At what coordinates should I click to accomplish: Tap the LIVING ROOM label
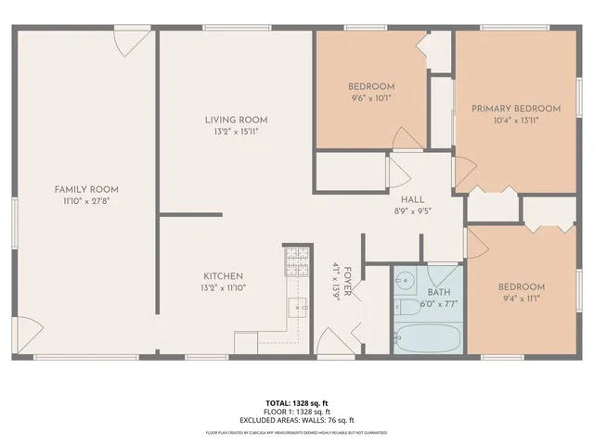click(237, 120)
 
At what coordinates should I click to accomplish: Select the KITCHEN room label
click(224, 276)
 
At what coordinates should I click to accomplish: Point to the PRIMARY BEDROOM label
click(516, 108)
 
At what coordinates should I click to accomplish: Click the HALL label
click(412, 199)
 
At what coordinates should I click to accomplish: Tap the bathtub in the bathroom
click(428, 338)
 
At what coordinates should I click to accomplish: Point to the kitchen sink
click(299, 307)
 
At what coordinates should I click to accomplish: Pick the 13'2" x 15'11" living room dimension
click(237, 132)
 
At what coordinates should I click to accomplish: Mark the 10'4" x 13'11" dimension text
click(516, 120)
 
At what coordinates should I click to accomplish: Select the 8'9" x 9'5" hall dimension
click(412, 210)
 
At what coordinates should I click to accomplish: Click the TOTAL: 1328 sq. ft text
click(297, 402)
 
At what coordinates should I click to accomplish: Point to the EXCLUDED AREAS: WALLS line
click(297, 420)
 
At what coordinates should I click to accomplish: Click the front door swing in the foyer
click(329, 338)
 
